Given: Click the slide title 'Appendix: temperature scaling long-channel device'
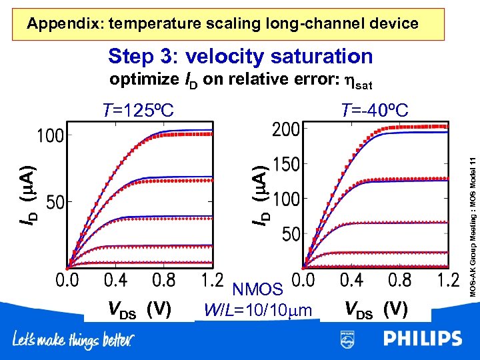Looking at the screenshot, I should (223, 25).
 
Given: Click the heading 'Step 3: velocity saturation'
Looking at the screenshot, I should (240, 56).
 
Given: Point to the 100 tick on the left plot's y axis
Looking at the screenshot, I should (51, 135).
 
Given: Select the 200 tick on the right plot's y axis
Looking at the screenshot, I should (286, 129).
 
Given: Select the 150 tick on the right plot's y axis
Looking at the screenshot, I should (286, 164).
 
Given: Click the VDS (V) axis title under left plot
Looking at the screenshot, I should (140, 309).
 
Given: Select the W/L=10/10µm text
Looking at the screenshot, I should (258, 310).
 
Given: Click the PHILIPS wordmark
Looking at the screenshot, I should (422, 339).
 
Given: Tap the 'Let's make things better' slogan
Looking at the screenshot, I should (73, 340).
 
